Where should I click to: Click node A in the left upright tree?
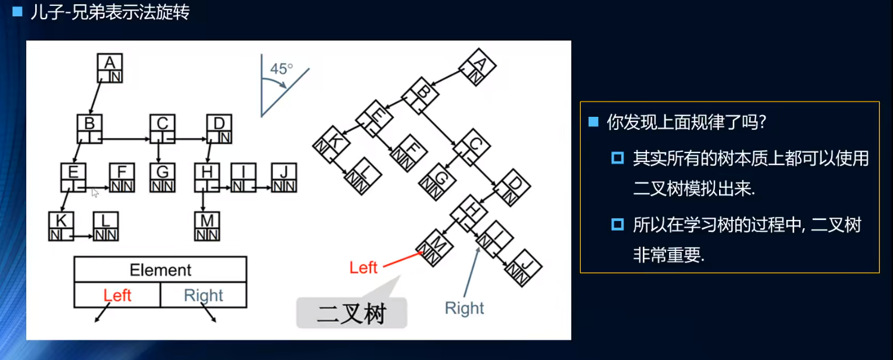110,68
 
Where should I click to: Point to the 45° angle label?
281,69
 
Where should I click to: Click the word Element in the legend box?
160,270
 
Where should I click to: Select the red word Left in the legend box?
117,295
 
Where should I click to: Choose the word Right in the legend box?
203,295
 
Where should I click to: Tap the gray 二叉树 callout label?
351,313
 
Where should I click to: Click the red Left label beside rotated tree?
363,268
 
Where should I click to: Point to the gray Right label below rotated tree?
465,308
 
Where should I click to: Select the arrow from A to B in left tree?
95,98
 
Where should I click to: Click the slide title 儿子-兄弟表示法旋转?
110,13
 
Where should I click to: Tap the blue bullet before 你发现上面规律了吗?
593,122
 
